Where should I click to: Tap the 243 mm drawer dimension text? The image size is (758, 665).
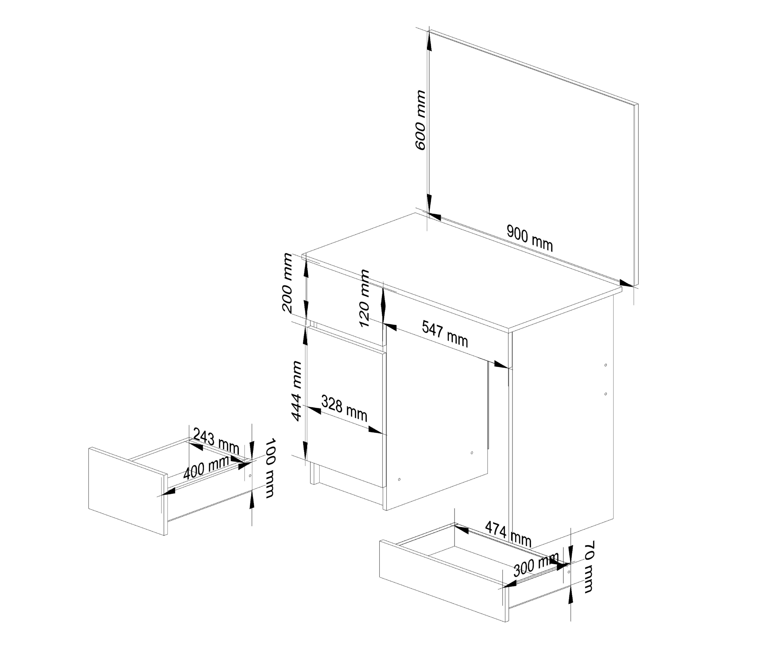click(216, 441)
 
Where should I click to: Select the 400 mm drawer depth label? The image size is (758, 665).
click(206, 468)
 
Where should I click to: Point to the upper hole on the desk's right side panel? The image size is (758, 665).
click(606, 365)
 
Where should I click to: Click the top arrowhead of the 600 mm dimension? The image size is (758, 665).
click(429, 42)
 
